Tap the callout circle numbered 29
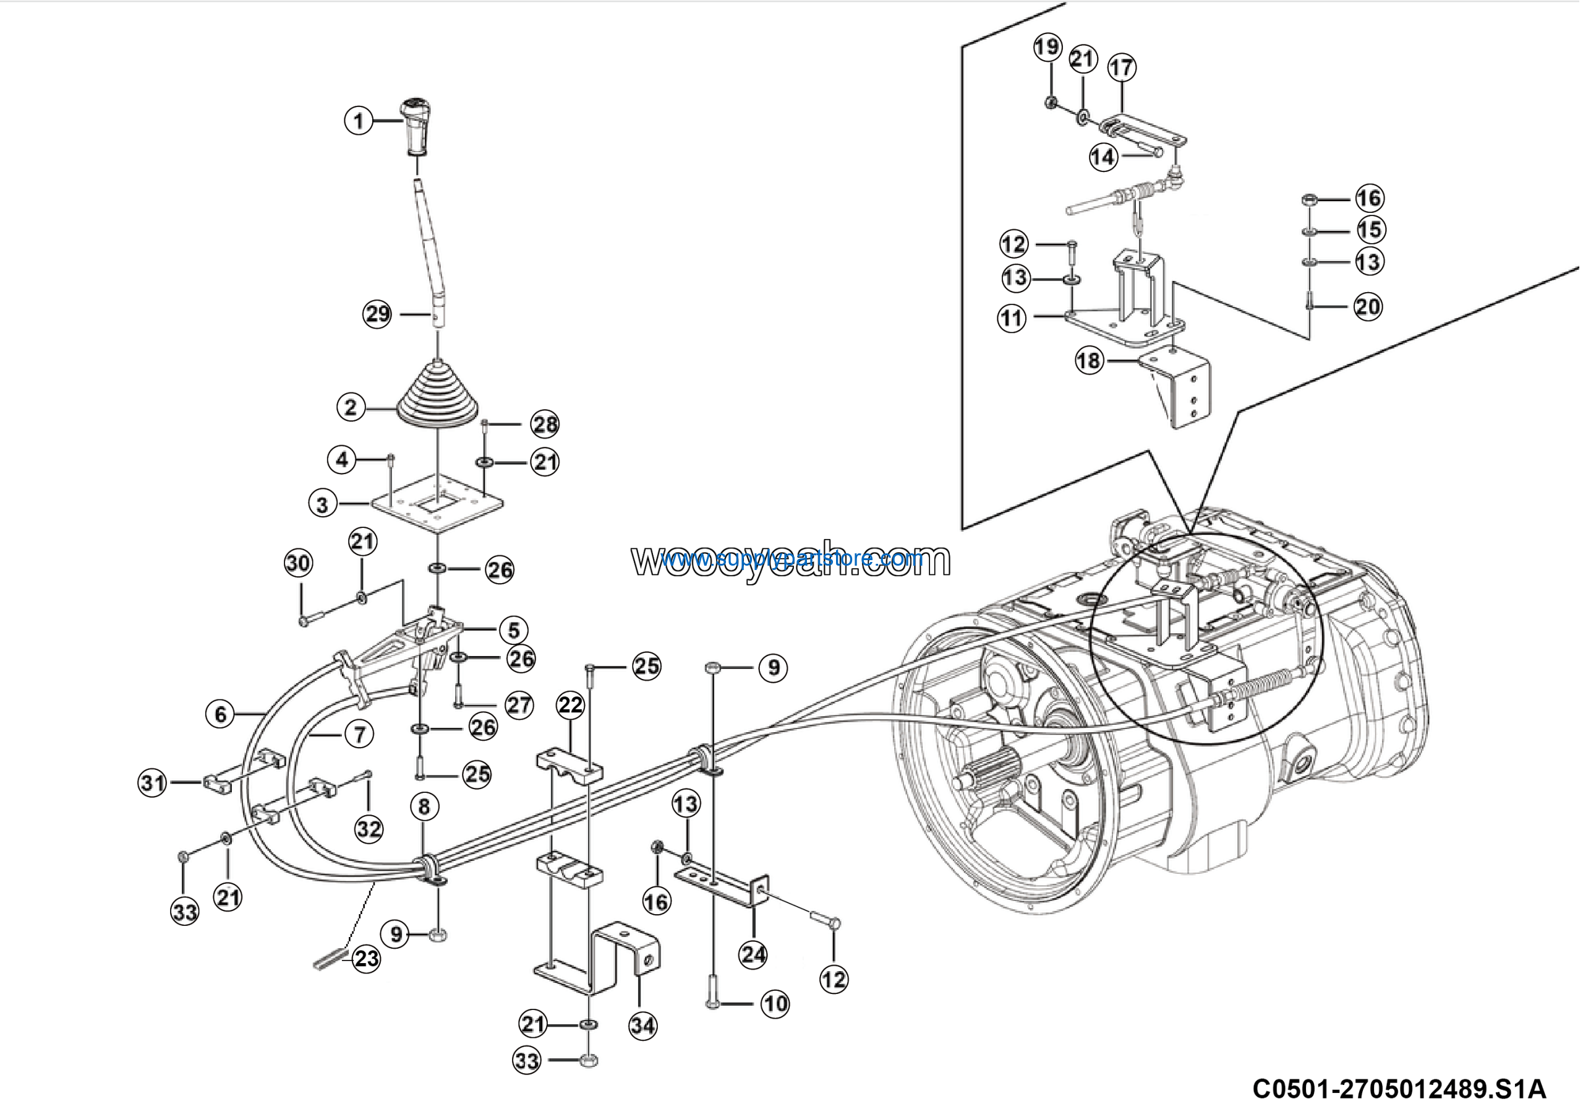click(x=377, y=314)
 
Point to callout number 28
click(x=545, y=425)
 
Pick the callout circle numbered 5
click(x=514, y=630)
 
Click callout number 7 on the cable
click(x=359, y=734)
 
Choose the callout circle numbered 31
click(x=152, y=782)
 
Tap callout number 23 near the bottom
click(x=366, y=958)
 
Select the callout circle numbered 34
click(x=642, y=1026)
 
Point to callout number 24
click(x=753, y=955)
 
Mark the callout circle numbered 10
click(x=775, y=1004)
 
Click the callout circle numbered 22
click(x=570, y=705)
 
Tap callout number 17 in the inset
click(x=1122, y=67)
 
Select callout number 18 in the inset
click(x=1089, y=360)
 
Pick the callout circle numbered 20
click(x=1368, y=306)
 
